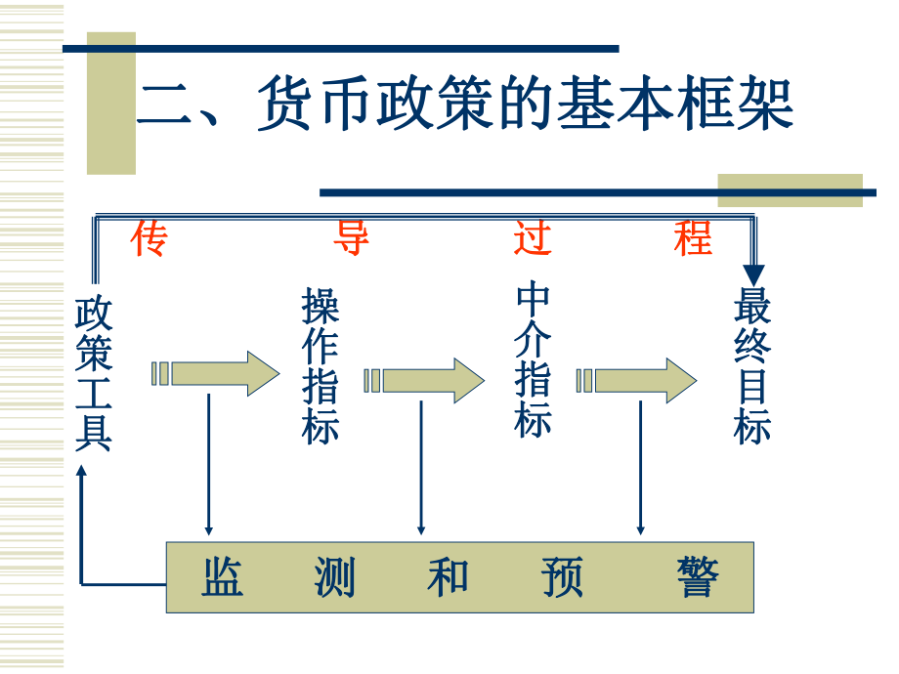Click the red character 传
pyautogui.click(x=150, y=237)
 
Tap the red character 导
pyautogui.click(x=351, y=237)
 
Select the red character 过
pyautogui.click(x=534, y=237)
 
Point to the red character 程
pyautogui.click(x=693, y=237)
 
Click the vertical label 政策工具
pyautogui.click(x=94, y=374)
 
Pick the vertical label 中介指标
pyautogui.click(x=534, y=360)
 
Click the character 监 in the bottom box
pyautogui.click(x=223, y=577)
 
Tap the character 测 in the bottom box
pyautogui.click(x=334, y=577)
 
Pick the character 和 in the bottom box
pyautogui.click(x=448, y=577)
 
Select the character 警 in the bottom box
pyautogui.click(x=698, y=577)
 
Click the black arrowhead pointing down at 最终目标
pyautogui.click(x=753, y=275)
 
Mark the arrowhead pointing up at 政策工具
pyautogui.click(x=83, y=471)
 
